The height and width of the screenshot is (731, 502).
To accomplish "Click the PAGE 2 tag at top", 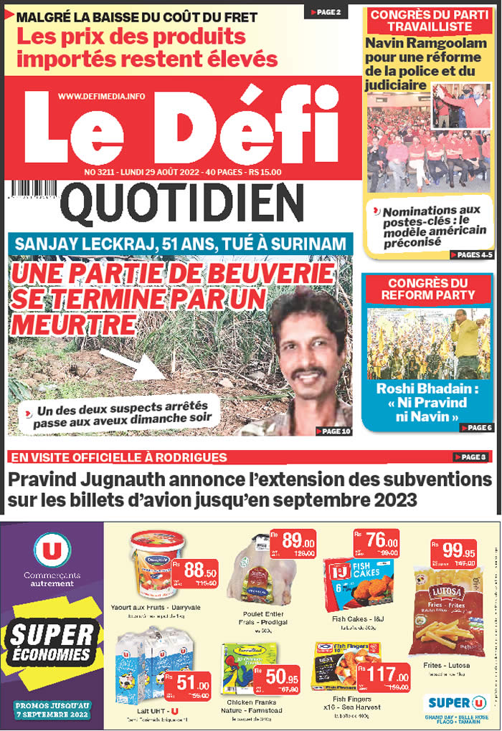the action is tap(326, 12).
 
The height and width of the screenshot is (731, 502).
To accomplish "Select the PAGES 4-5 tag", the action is tap(472, 254).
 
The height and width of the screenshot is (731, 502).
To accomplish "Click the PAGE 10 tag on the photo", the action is tap(333, 431).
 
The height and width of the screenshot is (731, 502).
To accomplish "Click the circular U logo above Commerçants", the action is tap(52, 550).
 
